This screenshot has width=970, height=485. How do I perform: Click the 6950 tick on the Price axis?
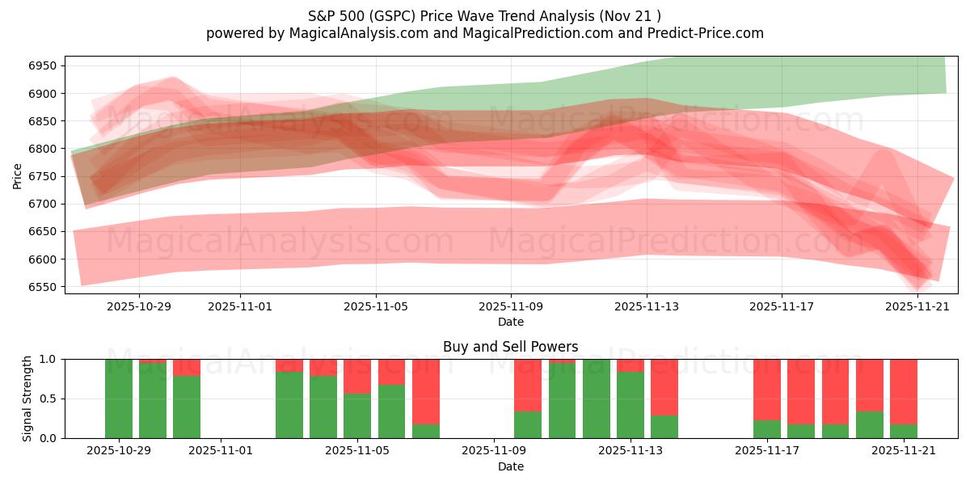[x=45, y=65]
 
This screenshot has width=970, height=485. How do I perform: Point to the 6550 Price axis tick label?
[x=45, y=287]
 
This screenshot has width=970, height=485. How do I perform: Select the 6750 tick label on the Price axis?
[x=45, y=176]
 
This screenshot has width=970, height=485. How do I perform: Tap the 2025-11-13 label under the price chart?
[x=646, y=307]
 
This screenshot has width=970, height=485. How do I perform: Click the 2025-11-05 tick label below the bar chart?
[x=358, y=451]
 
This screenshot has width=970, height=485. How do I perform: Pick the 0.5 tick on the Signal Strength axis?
[x=49, y=399]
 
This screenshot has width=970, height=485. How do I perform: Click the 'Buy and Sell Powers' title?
[x=510, y=347]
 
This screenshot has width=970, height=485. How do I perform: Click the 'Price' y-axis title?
[x=18, y=176]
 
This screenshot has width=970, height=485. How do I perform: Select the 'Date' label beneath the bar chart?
[x=510, y=466]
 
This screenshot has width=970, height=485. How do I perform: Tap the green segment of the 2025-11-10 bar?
[x=528, y=425]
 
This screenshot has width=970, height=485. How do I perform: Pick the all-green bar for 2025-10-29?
[x=119, y=399]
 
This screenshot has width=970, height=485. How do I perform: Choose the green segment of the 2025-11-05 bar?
[x=358, y=415]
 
